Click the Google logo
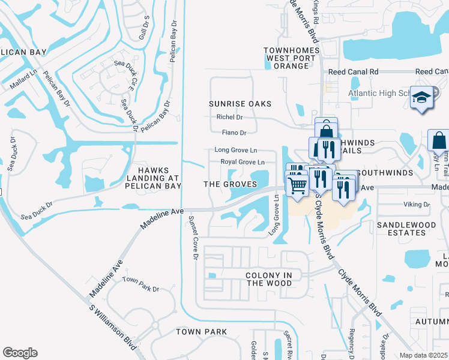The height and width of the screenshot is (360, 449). click(x=20, y=353)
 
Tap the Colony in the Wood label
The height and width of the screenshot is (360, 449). click(x=269, y=279)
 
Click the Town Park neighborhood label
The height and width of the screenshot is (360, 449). click(x=201, y=332)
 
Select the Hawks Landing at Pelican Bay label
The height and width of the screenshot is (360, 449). click(x=152, y=179)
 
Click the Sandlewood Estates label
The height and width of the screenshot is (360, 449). click(x=406, y=229)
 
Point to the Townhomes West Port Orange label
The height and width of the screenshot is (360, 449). click(x=286, y=58)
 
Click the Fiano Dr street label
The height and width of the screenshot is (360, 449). click(x=234, y=133)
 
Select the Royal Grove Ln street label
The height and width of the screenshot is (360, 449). click(x=243, y=163)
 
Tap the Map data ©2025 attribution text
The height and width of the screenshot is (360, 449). click(x=424, y=355)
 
